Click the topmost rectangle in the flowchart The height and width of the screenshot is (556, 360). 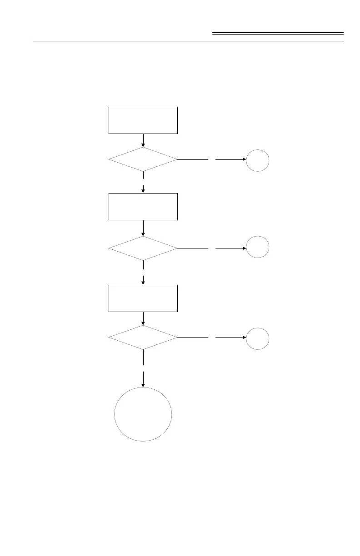click(143, 120)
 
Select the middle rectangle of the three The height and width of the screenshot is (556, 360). click(143, 207)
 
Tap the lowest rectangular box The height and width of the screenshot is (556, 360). click(143, 298)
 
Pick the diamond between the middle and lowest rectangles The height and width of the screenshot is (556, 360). click(143, 248)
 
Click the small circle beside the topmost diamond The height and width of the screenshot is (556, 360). click(258, 160)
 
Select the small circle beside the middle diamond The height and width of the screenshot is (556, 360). click(258, 248)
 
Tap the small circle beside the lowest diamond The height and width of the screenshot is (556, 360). click(258, 338)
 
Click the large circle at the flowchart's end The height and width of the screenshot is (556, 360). click(143, 414)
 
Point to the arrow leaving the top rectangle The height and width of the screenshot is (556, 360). click(143, 140)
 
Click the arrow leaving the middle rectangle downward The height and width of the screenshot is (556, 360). click(143, 228)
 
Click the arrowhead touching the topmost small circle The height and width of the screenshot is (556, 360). click(244, 160)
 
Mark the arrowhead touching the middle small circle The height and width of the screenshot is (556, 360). click(244, 248)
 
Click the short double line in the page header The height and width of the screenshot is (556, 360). click(278, 34)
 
